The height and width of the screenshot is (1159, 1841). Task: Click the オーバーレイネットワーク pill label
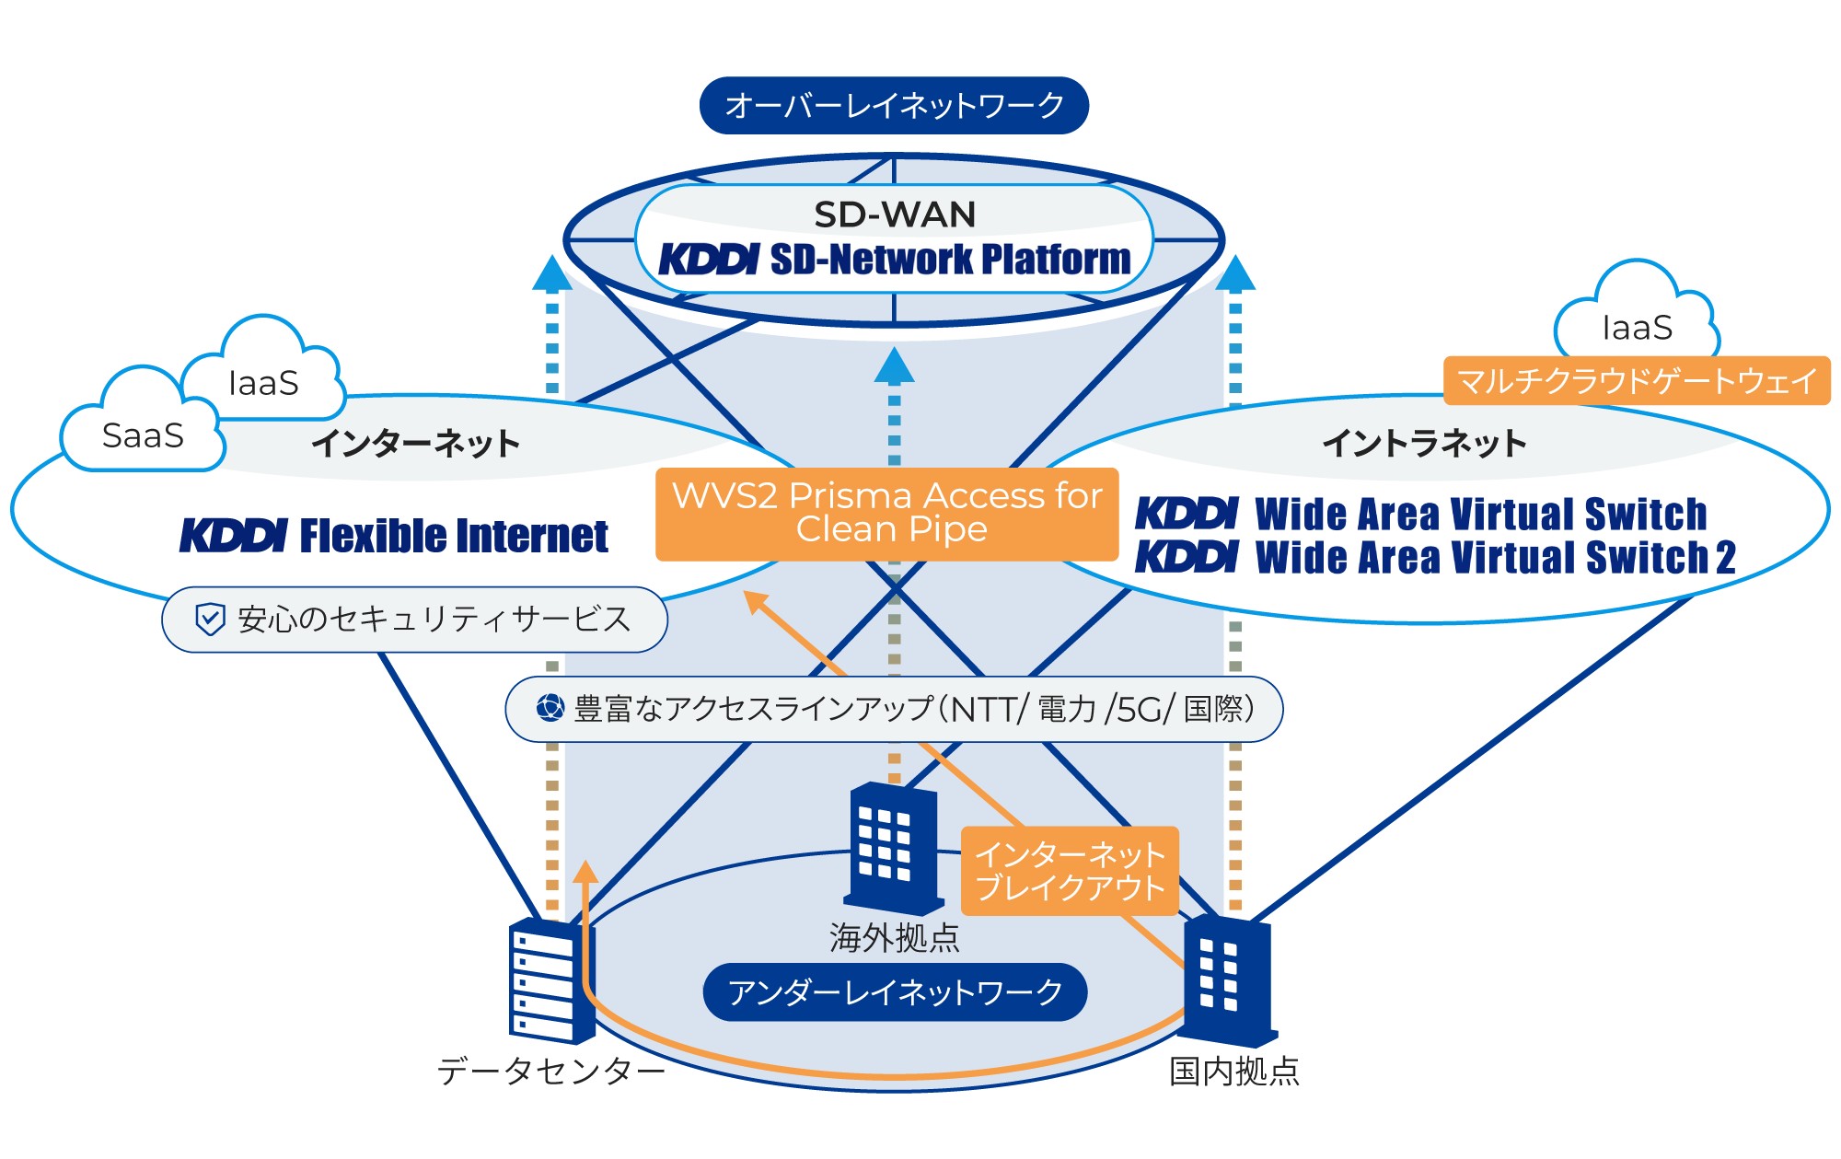click(x=894, y=106)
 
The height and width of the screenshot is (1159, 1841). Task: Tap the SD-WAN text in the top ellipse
click(x=895, y=215)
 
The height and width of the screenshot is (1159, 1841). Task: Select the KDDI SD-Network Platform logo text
click(x=895, y=260)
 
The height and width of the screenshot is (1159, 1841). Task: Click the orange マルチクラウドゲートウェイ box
click(x=1637, y=380)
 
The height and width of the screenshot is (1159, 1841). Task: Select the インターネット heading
click(x=415, y=444)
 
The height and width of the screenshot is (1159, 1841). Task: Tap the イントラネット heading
click(x=1424, y=444)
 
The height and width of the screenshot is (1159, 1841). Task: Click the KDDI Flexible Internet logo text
click(x=394, y=536)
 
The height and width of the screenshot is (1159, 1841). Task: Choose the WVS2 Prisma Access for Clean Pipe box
click(x=887, y=514)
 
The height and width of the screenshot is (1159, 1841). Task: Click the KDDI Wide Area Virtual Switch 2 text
click(x=1435, y=558)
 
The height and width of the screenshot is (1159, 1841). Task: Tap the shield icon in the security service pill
click(x=211, y=620)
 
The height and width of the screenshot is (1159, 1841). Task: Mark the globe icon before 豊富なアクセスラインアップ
click(x=550, y=708)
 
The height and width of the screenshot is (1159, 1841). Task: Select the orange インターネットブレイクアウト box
click(x=1070, y=871)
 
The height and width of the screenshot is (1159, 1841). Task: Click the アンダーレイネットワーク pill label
click(x=895, y=992)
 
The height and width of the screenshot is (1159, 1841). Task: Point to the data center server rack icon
click(x=550, y=980)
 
